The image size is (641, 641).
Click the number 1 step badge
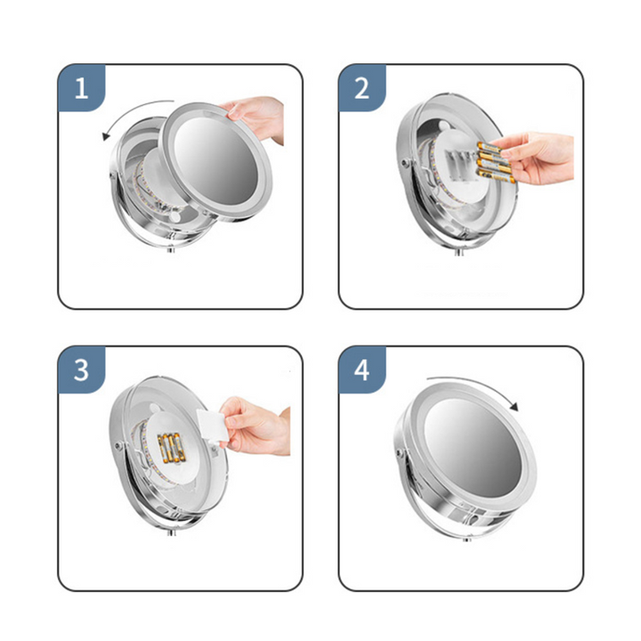[81, 88]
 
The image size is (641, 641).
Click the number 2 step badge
[361, 88]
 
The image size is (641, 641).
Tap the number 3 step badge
[81, 370]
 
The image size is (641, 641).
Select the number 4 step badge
[361, 370]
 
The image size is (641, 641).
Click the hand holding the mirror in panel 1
[256, 117]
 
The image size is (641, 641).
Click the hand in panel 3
[256, 426]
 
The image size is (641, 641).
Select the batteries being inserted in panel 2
[493, 162]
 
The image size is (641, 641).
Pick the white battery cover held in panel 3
[212, 426]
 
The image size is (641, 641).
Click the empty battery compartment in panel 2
[461, 166]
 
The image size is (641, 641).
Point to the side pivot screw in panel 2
[405, 163]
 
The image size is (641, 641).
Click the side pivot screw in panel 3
[119, 446]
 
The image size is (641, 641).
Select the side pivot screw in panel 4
[400, 452]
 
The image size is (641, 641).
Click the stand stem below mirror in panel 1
[171, 249]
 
